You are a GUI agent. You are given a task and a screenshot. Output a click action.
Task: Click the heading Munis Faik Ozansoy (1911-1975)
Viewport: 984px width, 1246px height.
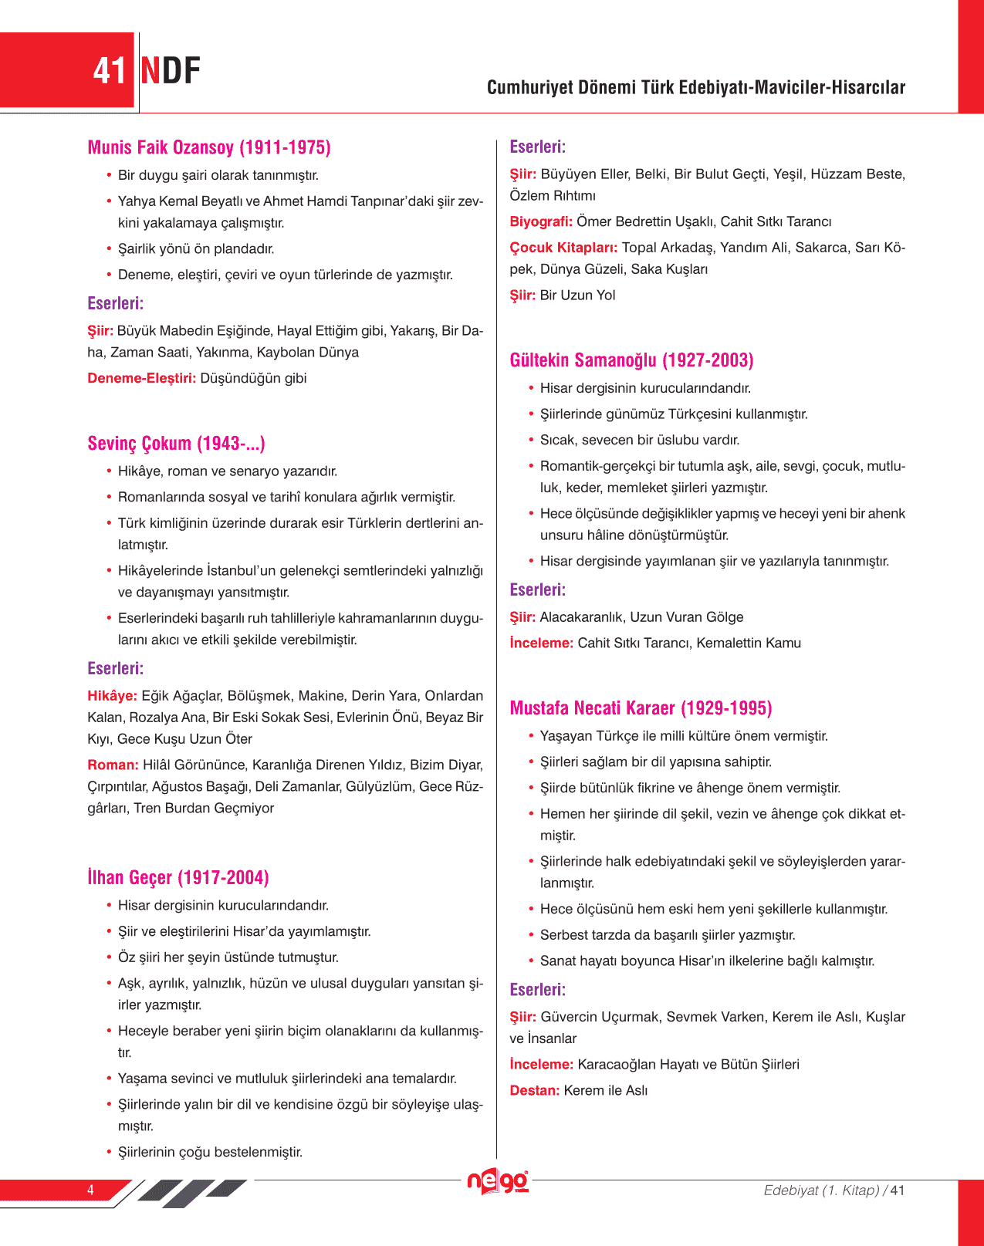(x=209, y=147)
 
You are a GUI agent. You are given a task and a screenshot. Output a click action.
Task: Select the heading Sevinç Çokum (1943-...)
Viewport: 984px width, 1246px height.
(x=176, y=444)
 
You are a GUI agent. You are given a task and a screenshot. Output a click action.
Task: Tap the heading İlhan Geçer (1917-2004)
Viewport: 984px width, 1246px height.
(x=178, y=877)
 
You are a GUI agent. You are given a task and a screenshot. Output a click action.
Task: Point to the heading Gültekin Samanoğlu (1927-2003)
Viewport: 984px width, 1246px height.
(x=631, y=360)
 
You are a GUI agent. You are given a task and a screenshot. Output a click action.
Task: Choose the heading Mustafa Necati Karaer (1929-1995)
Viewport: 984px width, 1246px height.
(x=641, y=708)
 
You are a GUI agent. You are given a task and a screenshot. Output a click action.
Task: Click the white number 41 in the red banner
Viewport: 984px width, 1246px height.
(x=109, y=71)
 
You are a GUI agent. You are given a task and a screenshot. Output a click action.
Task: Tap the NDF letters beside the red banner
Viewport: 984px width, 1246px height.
(x=171, y=71)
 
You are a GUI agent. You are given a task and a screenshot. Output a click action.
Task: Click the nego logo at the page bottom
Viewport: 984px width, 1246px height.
(x=498, y=1181)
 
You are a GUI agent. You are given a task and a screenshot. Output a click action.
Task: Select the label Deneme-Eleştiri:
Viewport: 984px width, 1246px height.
(x=142, y=378)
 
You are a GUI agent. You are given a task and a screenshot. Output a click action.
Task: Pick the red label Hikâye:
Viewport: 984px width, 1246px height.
(x=113, y=696)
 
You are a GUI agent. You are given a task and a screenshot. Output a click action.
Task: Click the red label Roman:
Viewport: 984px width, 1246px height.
(x=113, y=765)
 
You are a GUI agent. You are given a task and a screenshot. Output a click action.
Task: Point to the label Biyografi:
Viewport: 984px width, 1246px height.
(x=541, y=221)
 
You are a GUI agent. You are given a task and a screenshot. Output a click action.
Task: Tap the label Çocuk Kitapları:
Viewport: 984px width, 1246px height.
(x=563, y=248)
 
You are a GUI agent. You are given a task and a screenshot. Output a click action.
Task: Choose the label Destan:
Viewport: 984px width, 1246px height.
(x=535, y=1090)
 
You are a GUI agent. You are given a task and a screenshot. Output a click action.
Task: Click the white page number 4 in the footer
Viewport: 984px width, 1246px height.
(x=90, y=1190)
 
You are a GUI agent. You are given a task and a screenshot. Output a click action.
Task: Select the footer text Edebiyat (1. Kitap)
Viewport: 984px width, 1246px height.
(x=821, y=1190)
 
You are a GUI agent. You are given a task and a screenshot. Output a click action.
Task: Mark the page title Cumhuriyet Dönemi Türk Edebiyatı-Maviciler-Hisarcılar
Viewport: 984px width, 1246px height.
(x=695, y=87)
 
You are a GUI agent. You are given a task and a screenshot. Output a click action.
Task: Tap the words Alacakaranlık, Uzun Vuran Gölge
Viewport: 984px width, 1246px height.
(x=641, y=617)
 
